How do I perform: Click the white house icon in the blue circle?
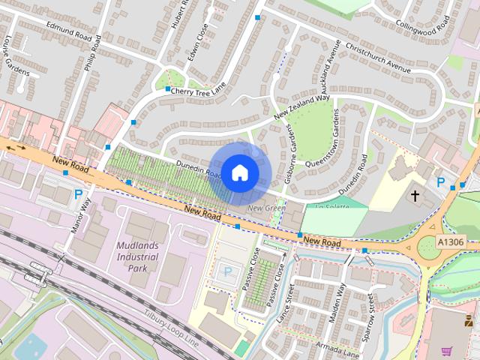(x=239, y=172)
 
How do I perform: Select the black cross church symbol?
(x=414, y=196)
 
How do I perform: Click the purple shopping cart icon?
(x=447, y=350)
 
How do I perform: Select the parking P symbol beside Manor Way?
(x=78, y=196)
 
